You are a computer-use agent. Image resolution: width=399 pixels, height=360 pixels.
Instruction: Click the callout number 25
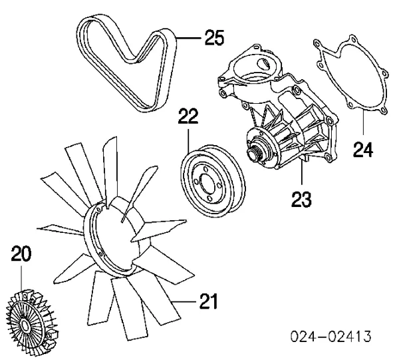click(214, 39)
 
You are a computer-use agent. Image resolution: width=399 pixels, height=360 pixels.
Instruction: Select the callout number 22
click(188, 118)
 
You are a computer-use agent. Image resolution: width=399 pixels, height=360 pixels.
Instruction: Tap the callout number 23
click(301, 198)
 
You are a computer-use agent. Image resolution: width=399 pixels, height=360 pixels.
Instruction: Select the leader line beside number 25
click(187, 39)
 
